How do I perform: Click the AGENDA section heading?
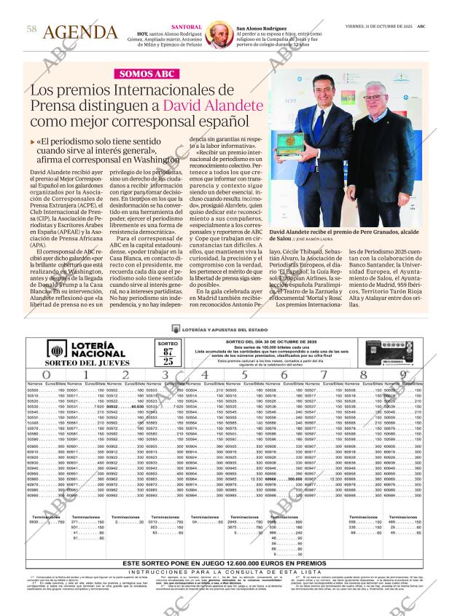80,32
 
